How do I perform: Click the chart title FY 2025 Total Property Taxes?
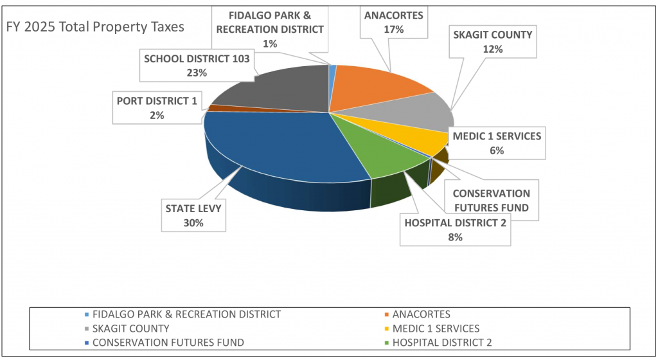click(x=95, y=27)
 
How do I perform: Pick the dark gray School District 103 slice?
click(x=276, y=90)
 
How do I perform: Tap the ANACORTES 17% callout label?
click(x=393, y=22)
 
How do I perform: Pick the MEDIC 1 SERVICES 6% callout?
click(x=496, y=143)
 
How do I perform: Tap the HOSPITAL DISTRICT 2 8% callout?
click(x=455, y=230)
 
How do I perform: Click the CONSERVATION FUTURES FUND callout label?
click(x=491, y=201)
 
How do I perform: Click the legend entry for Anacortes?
click(x=421, y=314)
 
